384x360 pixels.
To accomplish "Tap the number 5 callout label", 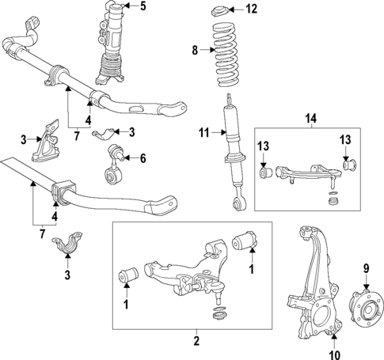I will pyautogui.click(x=143, y=8).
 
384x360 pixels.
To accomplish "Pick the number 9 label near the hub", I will pyautogui.click(x=367, y=268).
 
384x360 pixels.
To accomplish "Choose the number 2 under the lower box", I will pyautogui.click(x=196, y=342).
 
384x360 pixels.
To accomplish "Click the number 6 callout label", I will pyautogui.click(x=143, y=158).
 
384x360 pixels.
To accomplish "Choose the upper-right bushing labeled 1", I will pyautogui.click(x=245, y=241).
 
